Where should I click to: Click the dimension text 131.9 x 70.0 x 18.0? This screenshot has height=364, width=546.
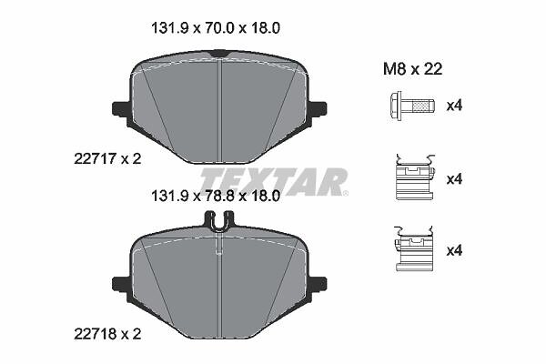215,28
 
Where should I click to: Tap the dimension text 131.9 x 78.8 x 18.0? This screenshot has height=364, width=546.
215,197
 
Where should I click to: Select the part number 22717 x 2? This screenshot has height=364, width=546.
107,159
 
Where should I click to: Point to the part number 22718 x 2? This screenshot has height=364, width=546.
107,334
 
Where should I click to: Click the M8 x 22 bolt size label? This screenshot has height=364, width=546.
412,69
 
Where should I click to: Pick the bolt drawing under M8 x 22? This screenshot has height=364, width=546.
412,106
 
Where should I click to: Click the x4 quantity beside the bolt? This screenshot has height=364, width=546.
454,106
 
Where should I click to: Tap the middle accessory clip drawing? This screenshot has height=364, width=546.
415,177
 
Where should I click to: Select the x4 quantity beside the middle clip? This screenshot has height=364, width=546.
454,179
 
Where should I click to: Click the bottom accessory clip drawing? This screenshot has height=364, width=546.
414,248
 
